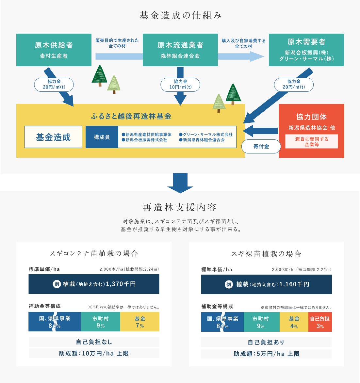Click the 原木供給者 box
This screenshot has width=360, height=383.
point(54,50)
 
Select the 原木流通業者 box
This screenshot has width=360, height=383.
point(180,50)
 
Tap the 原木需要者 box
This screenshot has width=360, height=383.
point(306,50)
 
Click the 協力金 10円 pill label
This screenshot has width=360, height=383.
point(180,84)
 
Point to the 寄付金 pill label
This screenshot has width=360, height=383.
point(261,146)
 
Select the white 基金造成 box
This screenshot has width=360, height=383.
point(53,137)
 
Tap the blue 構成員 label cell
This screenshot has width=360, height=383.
point(102,137)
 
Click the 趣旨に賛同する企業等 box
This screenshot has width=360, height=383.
point(312,142)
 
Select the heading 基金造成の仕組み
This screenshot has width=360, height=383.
point(180,15)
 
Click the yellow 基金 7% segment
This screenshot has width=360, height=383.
point(140,322)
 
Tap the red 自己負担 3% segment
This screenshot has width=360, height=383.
point(320,322)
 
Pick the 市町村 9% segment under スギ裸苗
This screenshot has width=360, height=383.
point(261,322)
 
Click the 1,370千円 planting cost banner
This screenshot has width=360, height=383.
point(94,284)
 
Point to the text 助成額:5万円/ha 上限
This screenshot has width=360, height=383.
point(266,354)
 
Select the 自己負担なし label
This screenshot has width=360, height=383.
point(94,342)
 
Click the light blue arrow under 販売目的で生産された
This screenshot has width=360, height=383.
point(119,56)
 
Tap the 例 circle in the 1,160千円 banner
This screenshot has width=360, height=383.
point(229,284)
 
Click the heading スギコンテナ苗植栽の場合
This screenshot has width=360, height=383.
point(94,253)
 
